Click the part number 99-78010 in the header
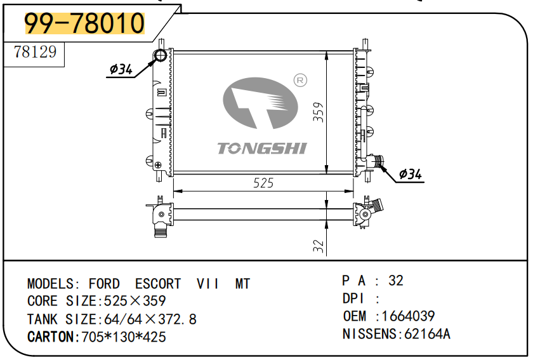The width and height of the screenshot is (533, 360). click(x=84, y=23)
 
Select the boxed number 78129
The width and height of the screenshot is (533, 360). click(x=35, y=52)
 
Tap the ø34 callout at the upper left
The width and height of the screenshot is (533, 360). click(x=121, y=70)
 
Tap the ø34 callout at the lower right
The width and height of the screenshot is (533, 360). click(x=411, y=174)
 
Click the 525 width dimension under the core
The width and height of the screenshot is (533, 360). click(x=263, y=183)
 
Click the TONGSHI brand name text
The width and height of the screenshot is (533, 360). click(x=262, y=148)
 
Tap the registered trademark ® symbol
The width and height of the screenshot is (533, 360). click(x=301, y=80)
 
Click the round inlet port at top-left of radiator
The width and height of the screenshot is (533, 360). click(x=160, y=56)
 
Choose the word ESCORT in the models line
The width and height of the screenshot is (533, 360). click(x=158, y=284)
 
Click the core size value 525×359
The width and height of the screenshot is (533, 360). click(x=135, y=301)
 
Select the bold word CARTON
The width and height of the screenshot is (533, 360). click(x=51, y=337)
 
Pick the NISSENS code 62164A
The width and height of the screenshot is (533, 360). click(x=427, y=333)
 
